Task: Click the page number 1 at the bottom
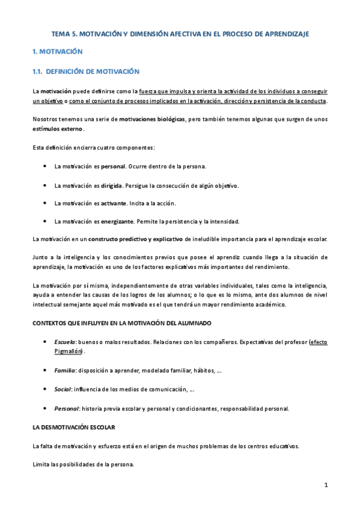325,485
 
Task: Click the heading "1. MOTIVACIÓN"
57,52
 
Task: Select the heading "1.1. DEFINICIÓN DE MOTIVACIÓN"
86,72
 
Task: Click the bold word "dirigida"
111,186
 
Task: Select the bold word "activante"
114,203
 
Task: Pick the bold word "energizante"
117,221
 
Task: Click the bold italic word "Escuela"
65,342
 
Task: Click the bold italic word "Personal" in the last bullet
67,408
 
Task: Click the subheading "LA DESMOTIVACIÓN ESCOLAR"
73,427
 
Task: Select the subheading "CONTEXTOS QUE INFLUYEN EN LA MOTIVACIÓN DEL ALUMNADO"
121,323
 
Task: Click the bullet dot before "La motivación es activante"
46,203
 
